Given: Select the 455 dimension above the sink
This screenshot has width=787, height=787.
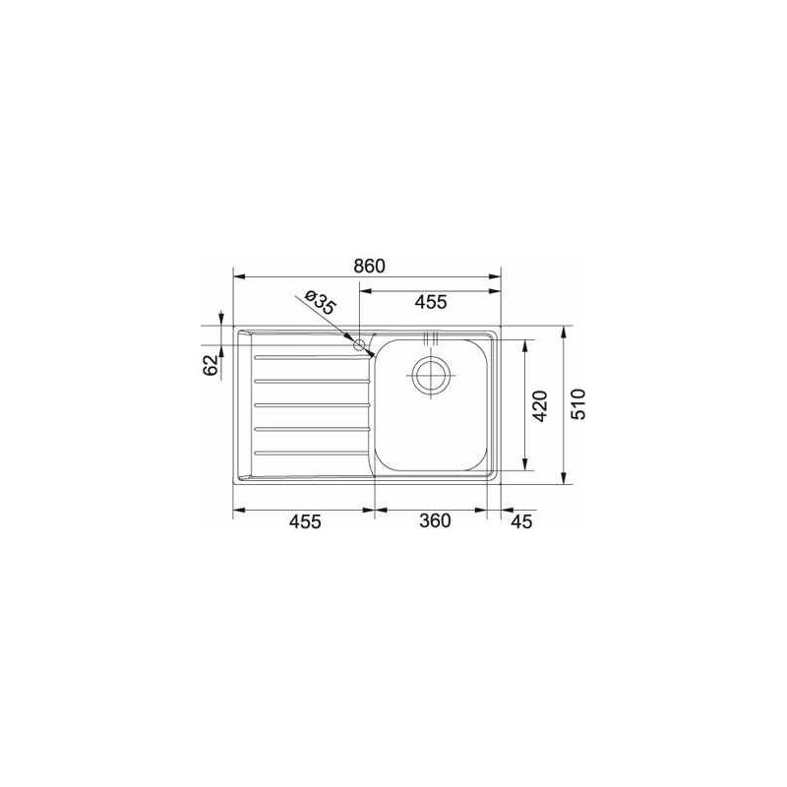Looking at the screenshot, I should (431, 302).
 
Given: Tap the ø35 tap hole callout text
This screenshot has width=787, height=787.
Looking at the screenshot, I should (321, 302).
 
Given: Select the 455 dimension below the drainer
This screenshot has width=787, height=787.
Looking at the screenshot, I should (305, 522).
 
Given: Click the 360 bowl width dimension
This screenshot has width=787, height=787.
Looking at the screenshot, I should (434, 522).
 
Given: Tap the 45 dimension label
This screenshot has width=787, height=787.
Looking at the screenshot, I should (520, 522).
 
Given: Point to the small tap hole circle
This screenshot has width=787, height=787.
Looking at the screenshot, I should (360, 344).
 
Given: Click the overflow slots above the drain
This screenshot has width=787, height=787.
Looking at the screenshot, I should (431, 341).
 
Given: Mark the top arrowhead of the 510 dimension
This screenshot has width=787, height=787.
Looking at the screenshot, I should (563, 331).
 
